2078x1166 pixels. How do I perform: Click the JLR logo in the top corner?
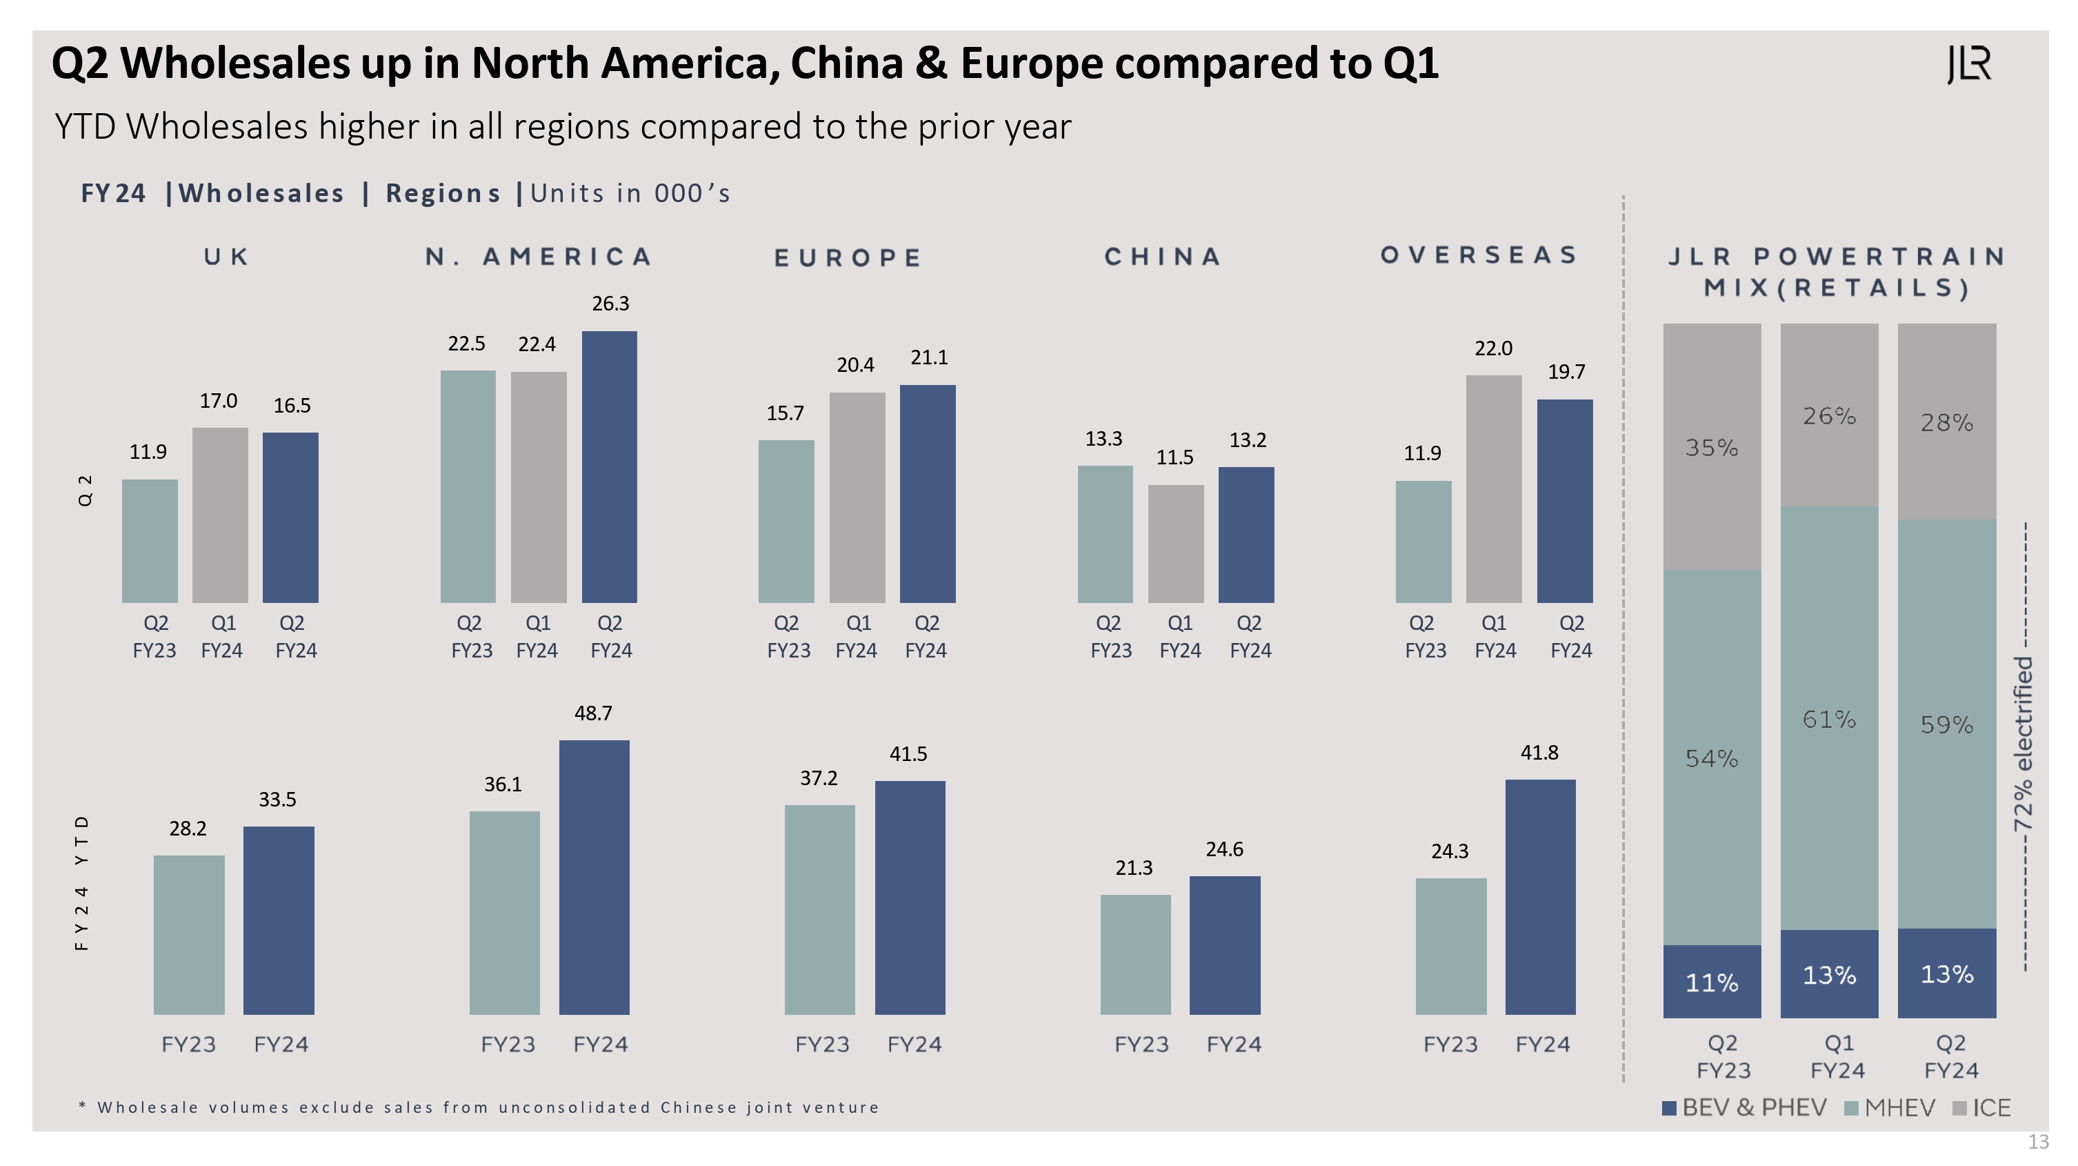coord(1969,65)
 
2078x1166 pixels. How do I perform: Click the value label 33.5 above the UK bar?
coord(277,800)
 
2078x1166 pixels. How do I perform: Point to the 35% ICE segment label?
coord(1712,448)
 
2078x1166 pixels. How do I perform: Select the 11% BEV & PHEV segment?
coord(1712,981)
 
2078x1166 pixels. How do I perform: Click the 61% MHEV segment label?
coord(1829,719)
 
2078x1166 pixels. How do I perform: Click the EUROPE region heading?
coord(848,258)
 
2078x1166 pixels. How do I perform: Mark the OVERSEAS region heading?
coord(1479,256)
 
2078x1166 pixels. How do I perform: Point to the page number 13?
coord(2038,1142)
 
